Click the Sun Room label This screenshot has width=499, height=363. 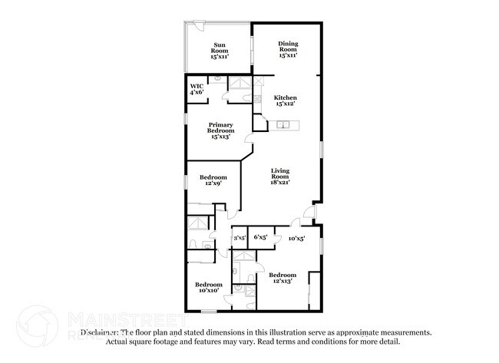(x=220, y=51)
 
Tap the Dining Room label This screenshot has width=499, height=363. (x=288, y=50)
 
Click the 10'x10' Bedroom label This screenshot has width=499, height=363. (x=207, y=287)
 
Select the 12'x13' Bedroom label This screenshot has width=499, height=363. (x=282, y=278)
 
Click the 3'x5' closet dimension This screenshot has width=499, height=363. (x=240, y=238)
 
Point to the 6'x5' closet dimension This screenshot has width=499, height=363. (x=259, y=238)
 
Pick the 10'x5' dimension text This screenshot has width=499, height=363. (x=296, y=239)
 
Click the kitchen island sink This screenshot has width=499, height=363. (x=285, y=125)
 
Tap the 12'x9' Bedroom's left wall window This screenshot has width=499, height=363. (x=186, y=182)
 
